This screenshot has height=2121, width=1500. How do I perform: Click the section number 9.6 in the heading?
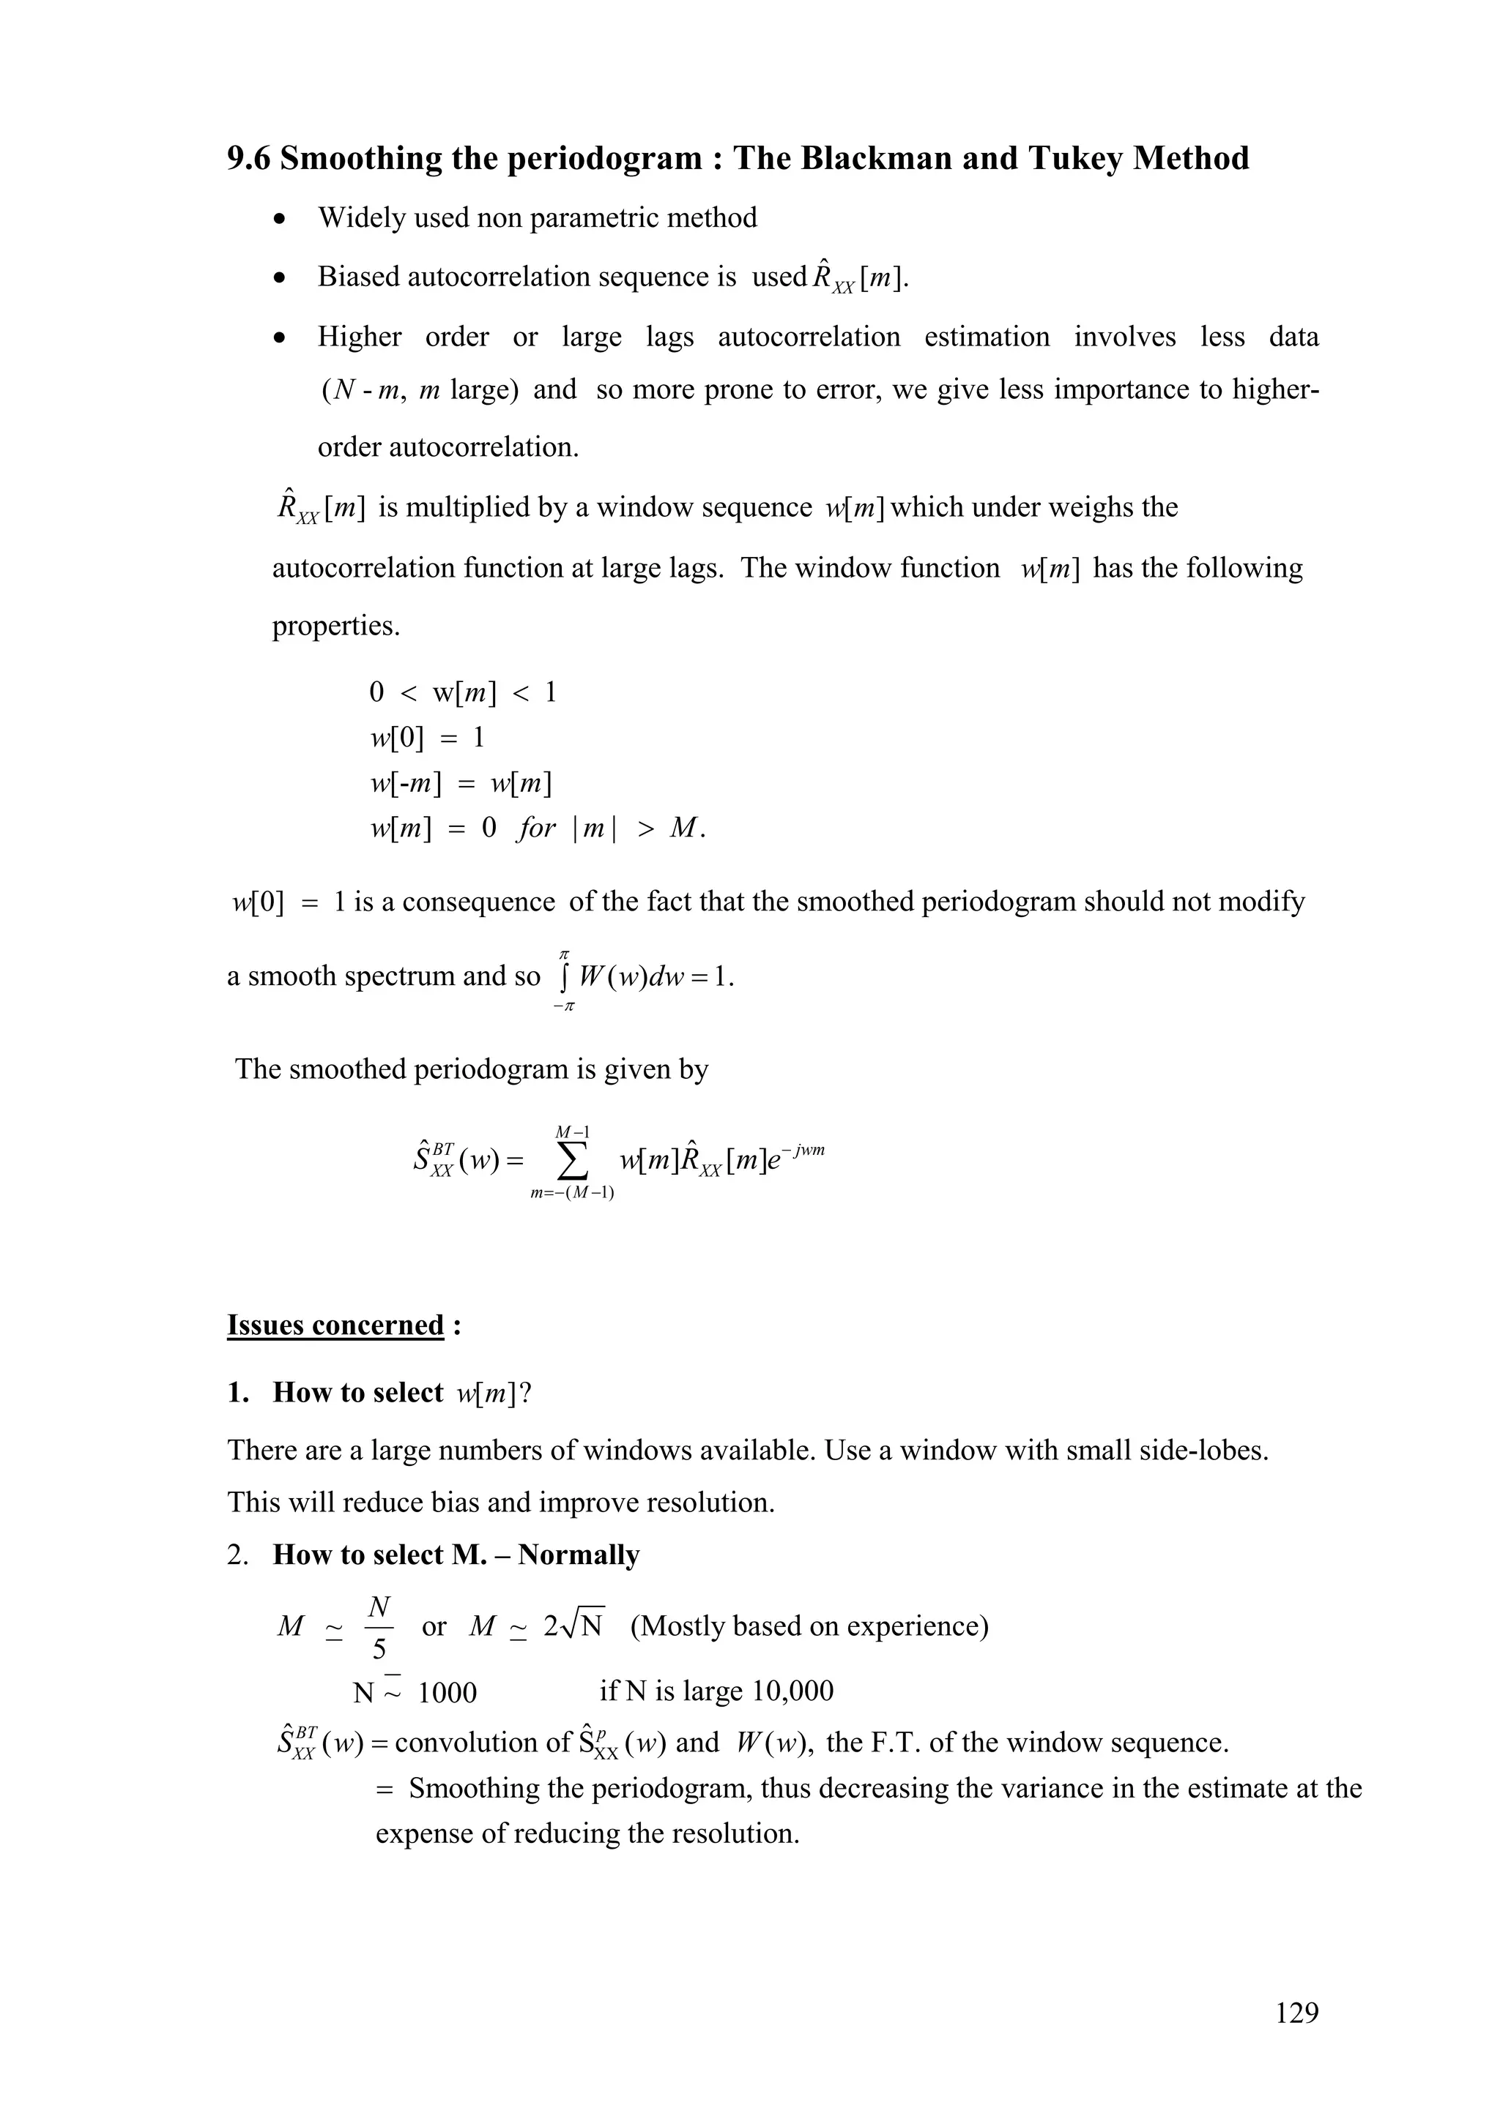(250, 159)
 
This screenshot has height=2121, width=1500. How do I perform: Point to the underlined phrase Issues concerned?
(335, 1325)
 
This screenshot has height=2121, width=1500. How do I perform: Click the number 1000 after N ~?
(448, 1692)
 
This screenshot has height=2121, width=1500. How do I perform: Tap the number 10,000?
(793, 1691)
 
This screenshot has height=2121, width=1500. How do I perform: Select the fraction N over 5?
(379, 1626)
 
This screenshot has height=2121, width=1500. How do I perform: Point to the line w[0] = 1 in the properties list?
(427, 737)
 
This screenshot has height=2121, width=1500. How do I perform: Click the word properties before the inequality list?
(335, 626)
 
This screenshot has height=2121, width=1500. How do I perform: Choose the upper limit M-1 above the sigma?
(573, 1131)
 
